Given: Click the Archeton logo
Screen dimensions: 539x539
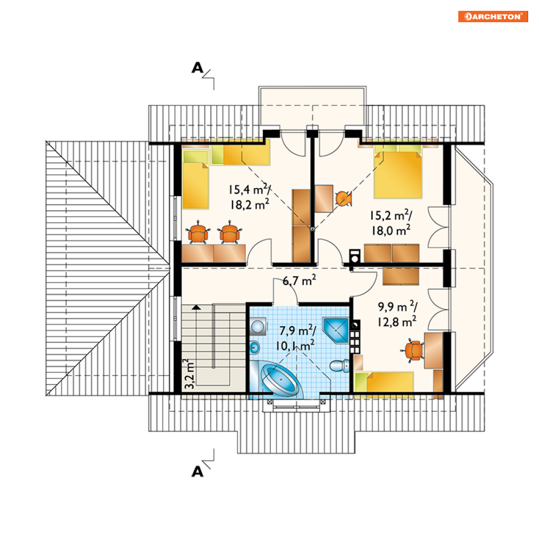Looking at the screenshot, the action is pyautogui.click(x=493, y=16).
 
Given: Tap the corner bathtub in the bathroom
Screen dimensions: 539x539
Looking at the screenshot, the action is pyautogui.click(x=280, y=380).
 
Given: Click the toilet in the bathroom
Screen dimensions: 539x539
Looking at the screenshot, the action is pyautogui.click(x=340, y=366).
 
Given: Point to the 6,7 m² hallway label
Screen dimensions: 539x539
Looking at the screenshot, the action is pyautogui.click(x=299, y=281).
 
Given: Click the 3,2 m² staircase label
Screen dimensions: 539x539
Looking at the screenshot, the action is pyautogui.click(x=189, y=374).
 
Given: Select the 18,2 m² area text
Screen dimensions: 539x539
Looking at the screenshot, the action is pyautogui.click(x=250, y=205).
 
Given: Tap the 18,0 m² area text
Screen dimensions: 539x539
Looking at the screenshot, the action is pyautogui.click(x=391, y=230).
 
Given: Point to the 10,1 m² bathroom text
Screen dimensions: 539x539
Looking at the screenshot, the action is pyautogui.click(x=295, y=346).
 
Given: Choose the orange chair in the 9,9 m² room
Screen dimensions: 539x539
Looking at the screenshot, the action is pyautogui.click(x=413, y=350).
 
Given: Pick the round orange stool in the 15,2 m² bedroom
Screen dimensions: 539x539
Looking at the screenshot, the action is pyautogui.click(x=343, y=199).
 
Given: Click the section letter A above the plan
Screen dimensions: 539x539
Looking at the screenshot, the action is pyautogui.click(x=197, y=68).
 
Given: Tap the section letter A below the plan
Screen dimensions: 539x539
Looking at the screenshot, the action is pyautogui.click(x=197, y=471).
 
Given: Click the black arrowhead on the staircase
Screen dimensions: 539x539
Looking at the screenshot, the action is pyautogui.click(x=196, y=307).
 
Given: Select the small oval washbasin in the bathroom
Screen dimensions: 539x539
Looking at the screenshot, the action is pyautogui.click(x=255, y=348).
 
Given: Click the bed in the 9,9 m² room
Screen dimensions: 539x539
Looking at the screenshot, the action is pyautogui.click(x=384, y=384).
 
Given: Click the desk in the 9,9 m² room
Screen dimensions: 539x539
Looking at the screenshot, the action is pyautogui.click(x=433, y=350).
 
